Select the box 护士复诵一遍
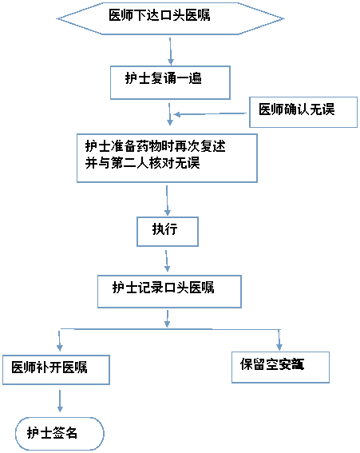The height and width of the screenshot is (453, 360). (x=170, y=81)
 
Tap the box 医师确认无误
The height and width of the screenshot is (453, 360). (x=303, y=112)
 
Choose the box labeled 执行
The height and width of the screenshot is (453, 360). (x=166, y=231)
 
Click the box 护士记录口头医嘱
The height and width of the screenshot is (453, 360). (x=168, y=290)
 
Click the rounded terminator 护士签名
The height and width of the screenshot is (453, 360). (x=59, y=433)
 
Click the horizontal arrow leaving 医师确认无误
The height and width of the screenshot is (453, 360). (x=212, y=113)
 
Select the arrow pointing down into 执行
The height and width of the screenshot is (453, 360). (x=167, y=200)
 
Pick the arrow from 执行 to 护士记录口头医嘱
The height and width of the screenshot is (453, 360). (x=167, y=260)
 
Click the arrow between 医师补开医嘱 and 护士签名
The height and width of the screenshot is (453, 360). (x=60, y=400)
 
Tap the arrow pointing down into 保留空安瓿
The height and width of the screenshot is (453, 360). (x=279, y=339)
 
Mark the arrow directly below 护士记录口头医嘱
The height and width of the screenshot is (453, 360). (x=168, y=317)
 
